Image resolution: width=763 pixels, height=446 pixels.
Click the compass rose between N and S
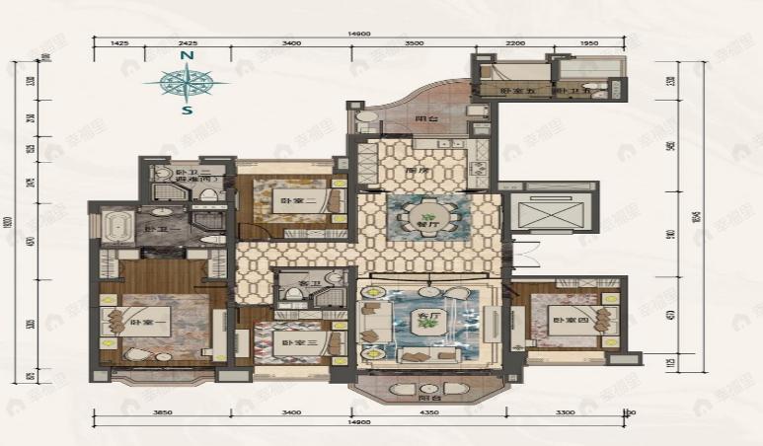coord(186,84)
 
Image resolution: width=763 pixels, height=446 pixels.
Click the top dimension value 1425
coord(121,44)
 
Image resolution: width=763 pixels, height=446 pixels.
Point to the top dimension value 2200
coord(515,44)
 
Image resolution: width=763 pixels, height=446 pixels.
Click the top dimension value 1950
coord(588,44)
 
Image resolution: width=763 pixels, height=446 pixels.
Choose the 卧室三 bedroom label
coord(288,342)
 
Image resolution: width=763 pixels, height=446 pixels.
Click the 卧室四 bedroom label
coord(566,322)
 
